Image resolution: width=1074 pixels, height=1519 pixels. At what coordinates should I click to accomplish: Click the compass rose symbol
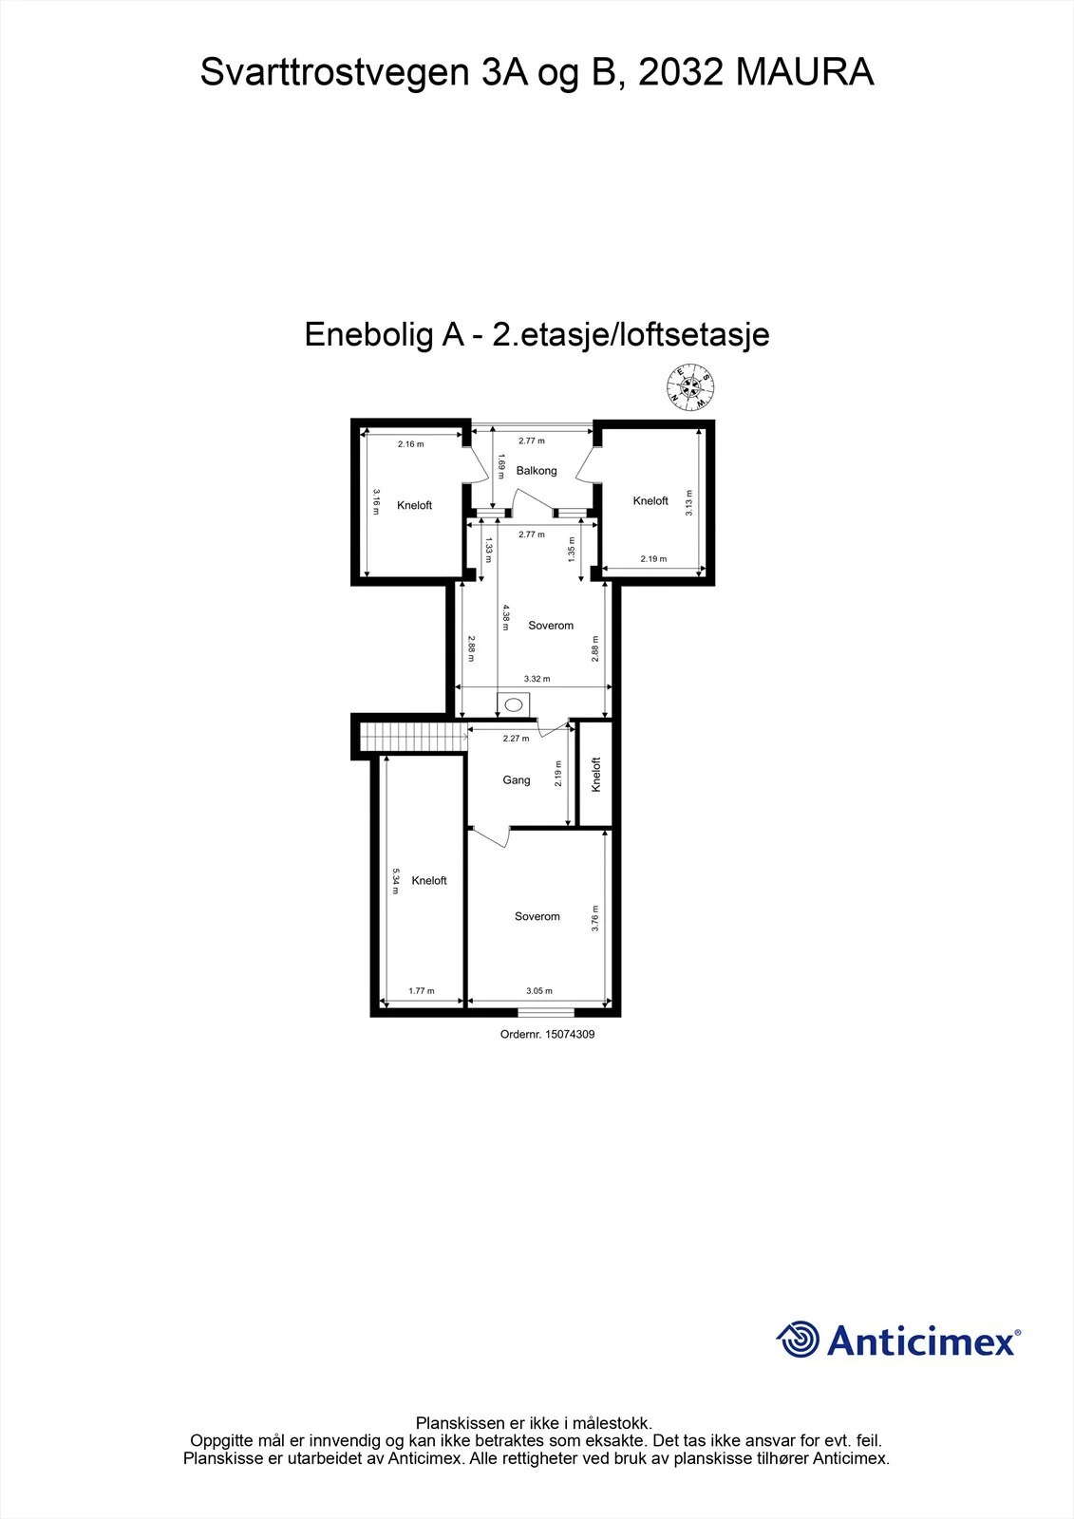(x=690, y=387)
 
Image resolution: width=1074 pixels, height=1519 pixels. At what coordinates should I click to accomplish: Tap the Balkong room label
(x=536, y=471)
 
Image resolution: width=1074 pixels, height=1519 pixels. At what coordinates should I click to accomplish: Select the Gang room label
(x=517, y=779)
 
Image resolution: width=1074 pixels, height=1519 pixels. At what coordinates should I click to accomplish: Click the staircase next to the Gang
(x=413, y=737)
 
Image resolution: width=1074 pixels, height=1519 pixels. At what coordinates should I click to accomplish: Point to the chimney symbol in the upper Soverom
(x=514, y=705)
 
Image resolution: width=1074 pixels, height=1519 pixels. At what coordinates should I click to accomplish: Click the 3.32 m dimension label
(x=537, y=678)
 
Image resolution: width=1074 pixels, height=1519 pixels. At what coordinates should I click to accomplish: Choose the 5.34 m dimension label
(x=396, y=881)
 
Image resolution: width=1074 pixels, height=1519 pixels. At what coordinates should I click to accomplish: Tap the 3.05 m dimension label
(x=539, y=991)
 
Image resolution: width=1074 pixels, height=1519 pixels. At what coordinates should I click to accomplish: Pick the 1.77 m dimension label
(x=422, y=991)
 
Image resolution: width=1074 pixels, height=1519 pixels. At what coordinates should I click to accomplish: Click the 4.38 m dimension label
(x=505, y=618)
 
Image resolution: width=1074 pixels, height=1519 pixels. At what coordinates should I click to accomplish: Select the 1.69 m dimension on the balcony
(x=501, y=466)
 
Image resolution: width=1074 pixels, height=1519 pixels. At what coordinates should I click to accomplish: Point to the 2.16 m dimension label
(x=410, y=444)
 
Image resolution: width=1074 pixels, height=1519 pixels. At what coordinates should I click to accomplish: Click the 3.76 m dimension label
(x=595, y=918)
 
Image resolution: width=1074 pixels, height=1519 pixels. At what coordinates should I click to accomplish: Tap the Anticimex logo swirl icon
(x=798, y=1339)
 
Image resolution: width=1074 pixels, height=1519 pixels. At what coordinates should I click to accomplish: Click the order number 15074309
(x=570, y=1034)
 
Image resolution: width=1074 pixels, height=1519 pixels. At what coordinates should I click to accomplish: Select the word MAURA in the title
(x=804, y=72)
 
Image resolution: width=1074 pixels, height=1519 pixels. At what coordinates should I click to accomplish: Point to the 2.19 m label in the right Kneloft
(x=653, y=559)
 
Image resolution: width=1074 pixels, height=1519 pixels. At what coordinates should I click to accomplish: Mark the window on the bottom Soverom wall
(x=546, y=1012)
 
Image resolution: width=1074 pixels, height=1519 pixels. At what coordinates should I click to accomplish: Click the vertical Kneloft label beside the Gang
(x=596, y=775)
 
